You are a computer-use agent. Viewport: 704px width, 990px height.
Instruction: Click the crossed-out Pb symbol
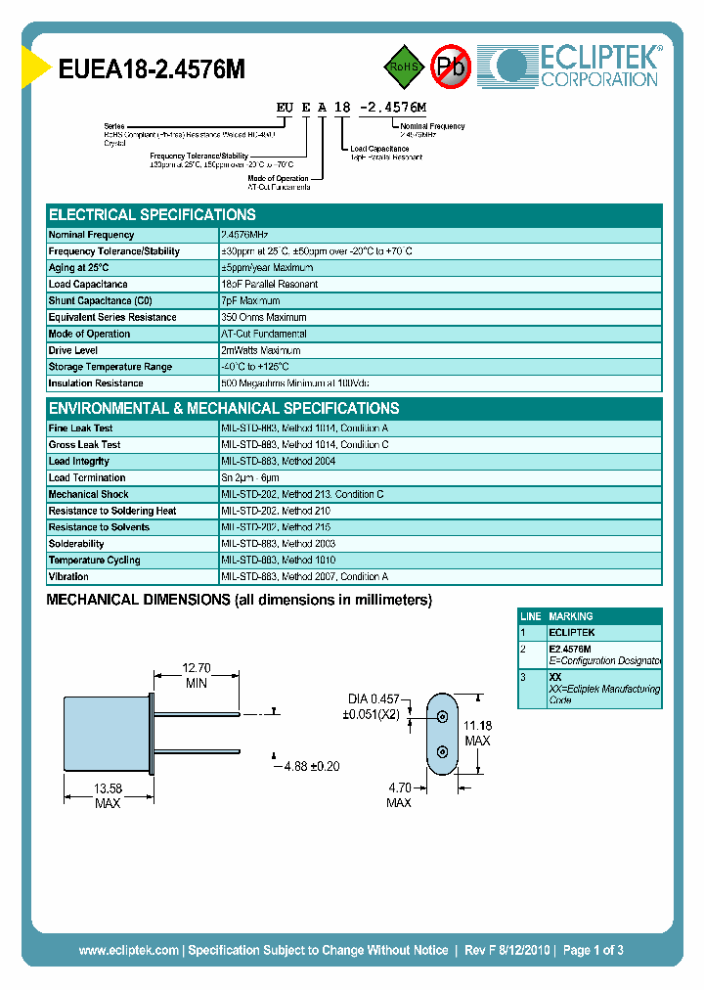point(450,67)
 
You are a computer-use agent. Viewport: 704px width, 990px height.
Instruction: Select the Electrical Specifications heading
point(153,215)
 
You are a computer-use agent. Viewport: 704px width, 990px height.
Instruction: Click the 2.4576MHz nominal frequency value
point(244,235)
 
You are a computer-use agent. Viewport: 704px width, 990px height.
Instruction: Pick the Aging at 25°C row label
point(79,268)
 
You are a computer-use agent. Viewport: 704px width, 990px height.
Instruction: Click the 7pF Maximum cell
point(250,301)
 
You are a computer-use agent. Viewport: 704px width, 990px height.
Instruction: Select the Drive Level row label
point(72,350)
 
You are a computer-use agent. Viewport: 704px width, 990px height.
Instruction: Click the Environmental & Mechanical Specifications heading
point(224,409)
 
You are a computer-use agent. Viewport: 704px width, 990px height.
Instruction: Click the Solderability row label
point(76,544)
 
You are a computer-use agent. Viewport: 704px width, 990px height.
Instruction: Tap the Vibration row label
point(68,577)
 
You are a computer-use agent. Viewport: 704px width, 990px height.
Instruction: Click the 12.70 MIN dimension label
point(197,676)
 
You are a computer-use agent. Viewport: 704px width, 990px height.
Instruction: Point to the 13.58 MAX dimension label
point(108,795)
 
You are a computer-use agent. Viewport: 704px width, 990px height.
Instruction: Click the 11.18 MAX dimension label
point(477,733)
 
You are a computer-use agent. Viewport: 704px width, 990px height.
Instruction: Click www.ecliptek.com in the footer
point(128,950)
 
